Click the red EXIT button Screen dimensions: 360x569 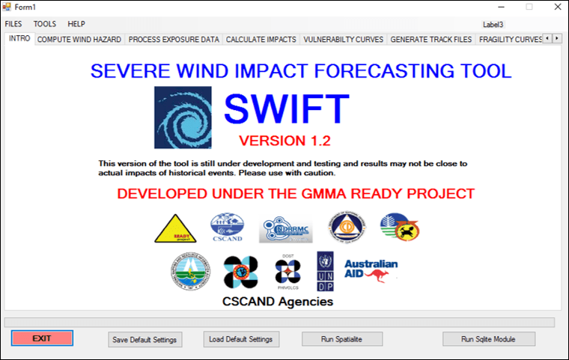point(42,338)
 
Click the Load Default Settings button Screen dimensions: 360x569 point(240,339)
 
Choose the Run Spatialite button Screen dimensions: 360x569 point(341,339)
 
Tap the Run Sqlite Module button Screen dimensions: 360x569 point(489,339)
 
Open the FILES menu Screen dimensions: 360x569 point(13,24)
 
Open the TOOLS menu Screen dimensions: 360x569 point(45,24)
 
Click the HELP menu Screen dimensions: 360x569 point(76,24)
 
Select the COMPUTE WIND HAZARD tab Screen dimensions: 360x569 point(79,39)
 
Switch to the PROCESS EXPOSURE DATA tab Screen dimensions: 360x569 point(174,39)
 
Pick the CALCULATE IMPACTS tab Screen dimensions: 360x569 point(261,39)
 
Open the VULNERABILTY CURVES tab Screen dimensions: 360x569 point(344,39)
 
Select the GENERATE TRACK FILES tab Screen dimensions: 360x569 point(431,39)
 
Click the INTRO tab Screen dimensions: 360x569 point(19,38)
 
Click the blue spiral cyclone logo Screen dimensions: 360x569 point(183,118)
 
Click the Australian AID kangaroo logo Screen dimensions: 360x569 point(371,270)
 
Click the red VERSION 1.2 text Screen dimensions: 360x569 point(284,141)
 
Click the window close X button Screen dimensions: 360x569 point(555,7)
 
